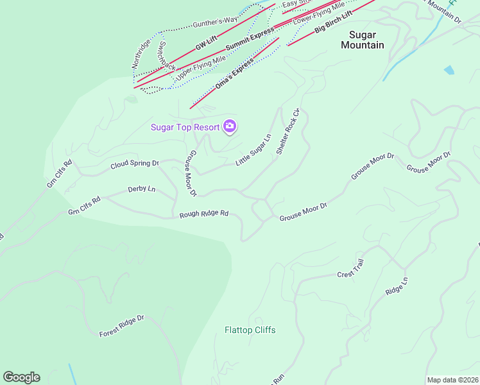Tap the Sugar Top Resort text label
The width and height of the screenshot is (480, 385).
pos(185,127)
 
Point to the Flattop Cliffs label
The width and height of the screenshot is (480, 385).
pos(250,330)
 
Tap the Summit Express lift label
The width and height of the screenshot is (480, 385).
pos(250,39)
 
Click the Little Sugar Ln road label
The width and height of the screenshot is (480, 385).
pos(253,150)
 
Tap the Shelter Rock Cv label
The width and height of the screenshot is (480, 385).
pos(288,132)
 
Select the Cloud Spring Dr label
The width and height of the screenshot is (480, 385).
pos(134,164)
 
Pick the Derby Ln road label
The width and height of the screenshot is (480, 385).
pos(142,189)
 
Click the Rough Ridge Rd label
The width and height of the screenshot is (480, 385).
pos(204,214)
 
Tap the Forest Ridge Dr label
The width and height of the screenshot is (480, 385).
pos(122,326)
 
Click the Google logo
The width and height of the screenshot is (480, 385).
pos(21,377)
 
